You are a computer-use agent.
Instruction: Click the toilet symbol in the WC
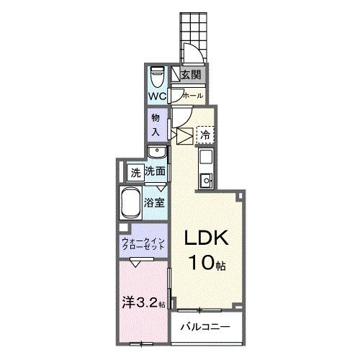tap(157, 77)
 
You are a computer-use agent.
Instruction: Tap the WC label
tap(157, 96)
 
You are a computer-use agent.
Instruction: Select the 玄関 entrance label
tap(191, 75)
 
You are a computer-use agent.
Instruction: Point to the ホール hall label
tap(193, 96)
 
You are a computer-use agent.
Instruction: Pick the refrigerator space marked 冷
tap(205, 135)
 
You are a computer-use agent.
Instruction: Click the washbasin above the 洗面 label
tap(157, 151)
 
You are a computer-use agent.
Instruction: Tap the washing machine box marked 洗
tap(135, 173)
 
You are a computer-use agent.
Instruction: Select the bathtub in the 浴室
tap(131, 203)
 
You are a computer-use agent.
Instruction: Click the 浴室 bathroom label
tap(154, 203)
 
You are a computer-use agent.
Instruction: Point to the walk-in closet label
tap(143, 243)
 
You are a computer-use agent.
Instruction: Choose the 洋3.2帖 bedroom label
tap(143, 303)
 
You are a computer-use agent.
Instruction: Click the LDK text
tap(206, 238)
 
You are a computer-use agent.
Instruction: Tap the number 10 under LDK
tap(202, 262)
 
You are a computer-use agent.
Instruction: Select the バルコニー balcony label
tap(205, 327)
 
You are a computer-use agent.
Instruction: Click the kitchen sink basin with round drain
tap(206, 179)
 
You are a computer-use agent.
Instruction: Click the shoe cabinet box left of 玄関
tap(176, 73)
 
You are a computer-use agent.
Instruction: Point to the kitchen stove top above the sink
tap(206, 156)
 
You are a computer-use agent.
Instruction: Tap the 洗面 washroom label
tap(155, 171)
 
